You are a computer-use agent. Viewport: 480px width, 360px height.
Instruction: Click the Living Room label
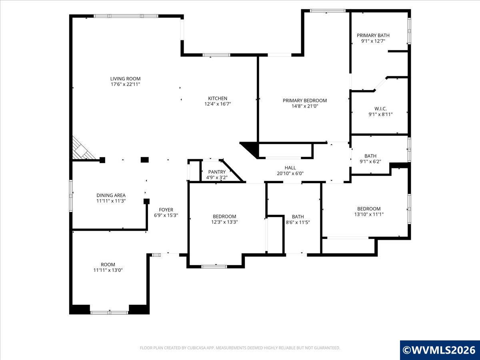pos(125,79)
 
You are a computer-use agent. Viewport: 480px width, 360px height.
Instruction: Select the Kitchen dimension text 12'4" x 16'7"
pos(218,104)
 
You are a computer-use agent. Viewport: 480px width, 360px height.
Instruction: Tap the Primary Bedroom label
pos(304,100)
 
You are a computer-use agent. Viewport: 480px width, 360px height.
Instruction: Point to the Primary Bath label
pos(373,35)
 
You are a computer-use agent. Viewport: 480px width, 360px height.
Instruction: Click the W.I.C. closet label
pos(380,108)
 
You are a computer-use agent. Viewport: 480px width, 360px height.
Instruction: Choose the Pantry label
pos(217,172)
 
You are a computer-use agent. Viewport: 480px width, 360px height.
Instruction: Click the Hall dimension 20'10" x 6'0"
pos(290,174)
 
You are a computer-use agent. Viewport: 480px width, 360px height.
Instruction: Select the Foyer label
pos(166,210)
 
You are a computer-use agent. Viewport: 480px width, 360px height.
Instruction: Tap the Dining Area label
pos(111,195)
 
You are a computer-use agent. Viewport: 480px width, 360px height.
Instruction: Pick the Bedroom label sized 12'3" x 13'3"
pos(224,216)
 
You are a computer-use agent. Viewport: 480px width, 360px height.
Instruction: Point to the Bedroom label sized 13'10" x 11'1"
pos(368,209)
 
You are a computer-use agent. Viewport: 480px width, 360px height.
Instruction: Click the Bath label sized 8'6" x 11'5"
pos(298,217)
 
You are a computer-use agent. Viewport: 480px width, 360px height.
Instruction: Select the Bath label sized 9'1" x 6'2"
pos(370,156)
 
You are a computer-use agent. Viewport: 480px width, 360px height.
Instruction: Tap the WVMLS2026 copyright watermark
pos(440,350)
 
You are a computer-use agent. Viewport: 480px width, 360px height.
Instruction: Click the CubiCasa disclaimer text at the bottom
pos(240,348)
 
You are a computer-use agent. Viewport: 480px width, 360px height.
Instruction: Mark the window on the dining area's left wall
pos(71,195)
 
